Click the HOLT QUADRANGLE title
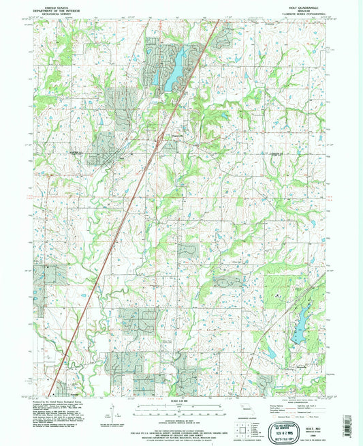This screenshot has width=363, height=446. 298,5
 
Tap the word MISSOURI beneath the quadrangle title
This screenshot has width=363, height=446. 298,9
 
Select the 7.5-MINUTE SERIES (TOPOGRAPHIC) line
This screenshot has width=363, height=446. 298,13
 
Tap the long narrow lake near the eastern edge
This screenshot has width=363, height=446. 299,333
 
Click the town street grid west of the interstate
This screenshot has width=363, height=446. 102,154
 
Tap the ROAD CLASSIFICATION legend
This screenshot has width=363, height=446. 300,396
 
